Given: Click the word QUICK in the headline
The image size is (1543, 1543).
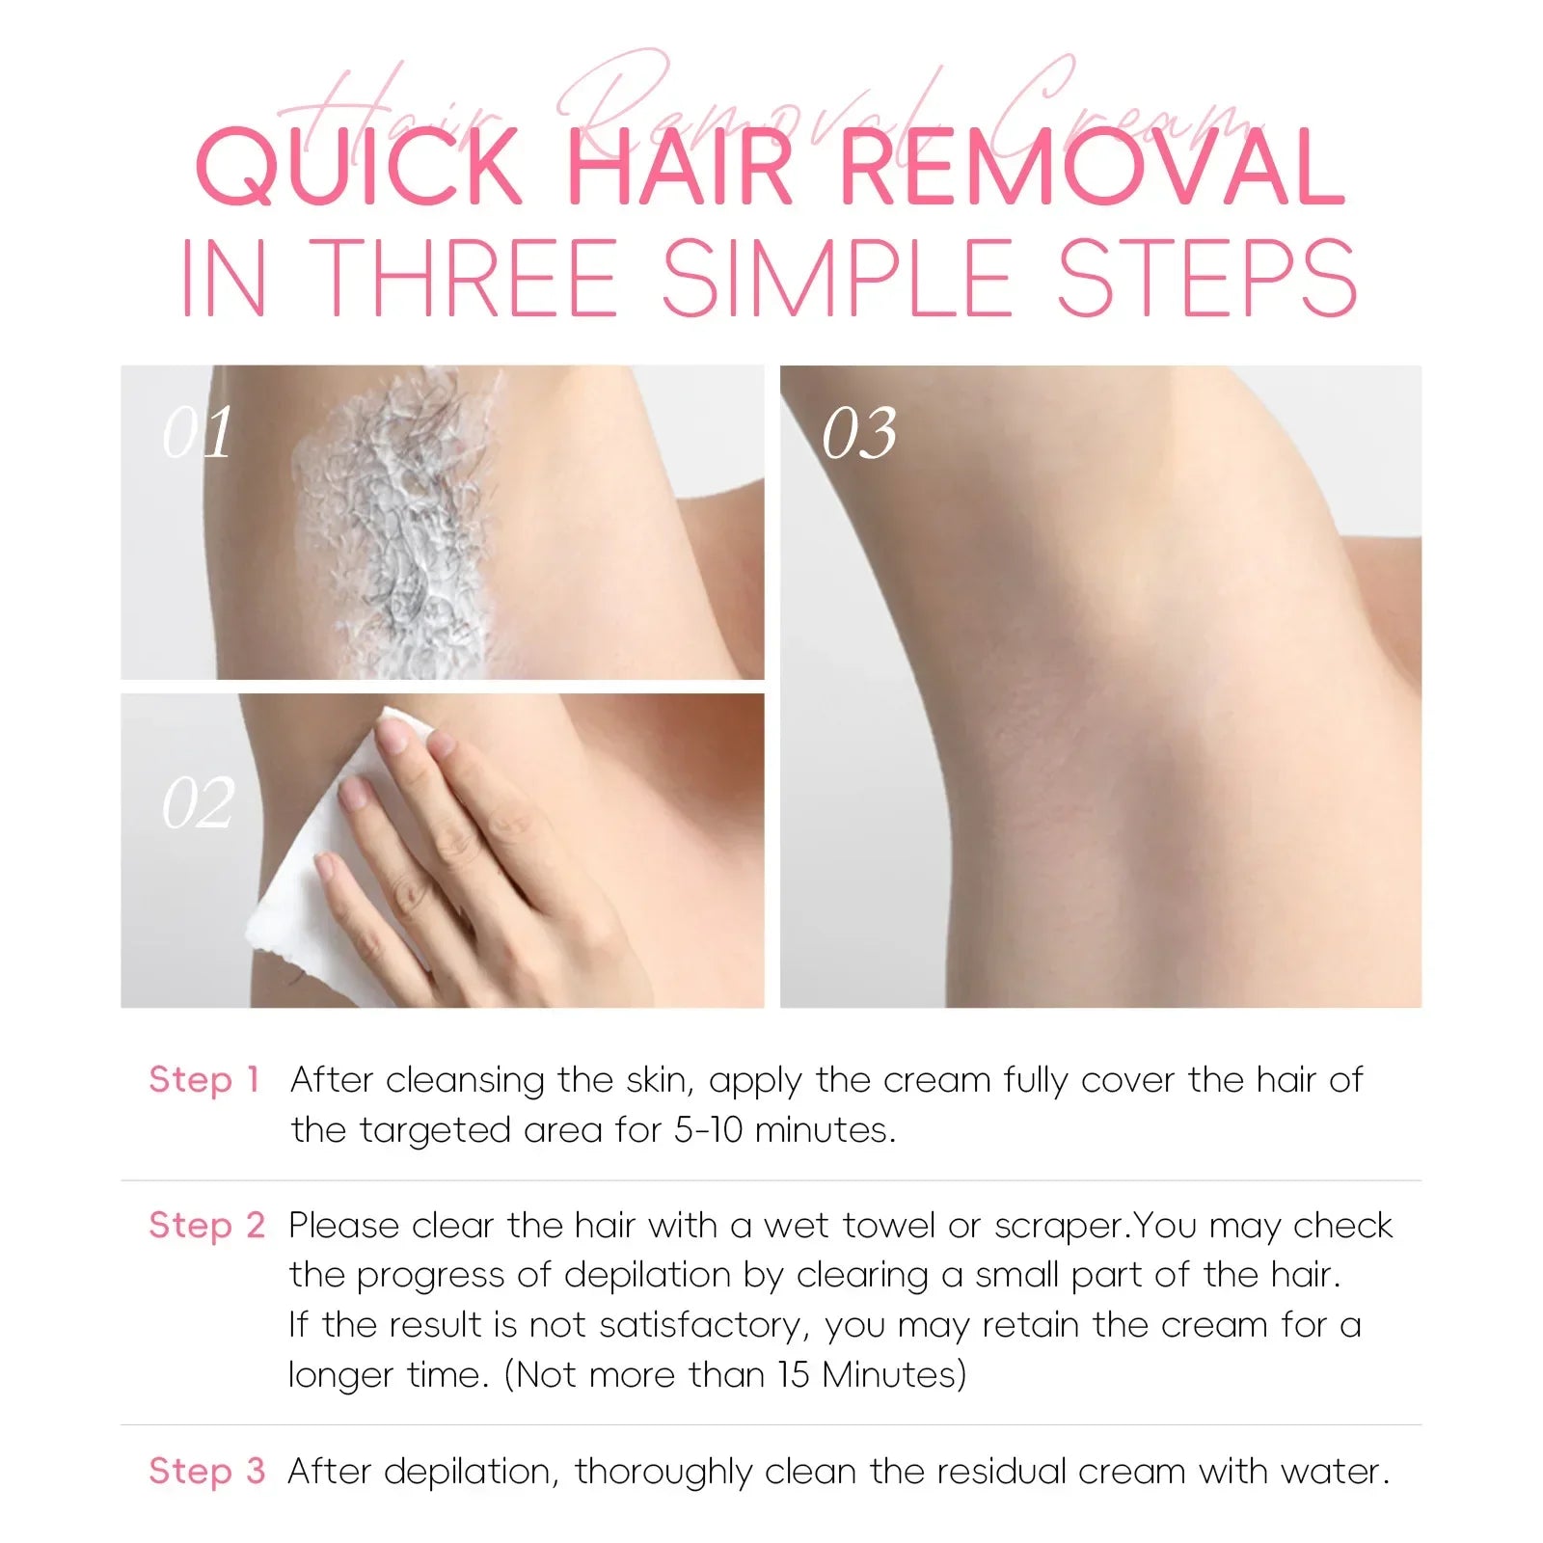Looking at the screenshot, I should (x=359, y=168).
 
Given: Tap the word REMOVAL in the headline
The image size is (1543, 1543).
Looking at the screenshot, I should (x=1092, y=168).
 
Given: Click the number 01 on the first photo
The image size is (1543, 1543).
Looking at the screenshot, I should (x=198, y=432).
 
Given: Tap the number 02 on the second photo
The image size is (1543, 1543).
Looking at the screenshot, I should (x=198, y=803).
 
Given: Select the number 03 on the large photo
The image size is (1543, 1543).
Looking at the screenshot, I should (x=859, y=432).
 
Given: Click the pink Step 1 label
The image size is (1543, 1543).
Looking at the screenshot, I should (x=204, y=1080).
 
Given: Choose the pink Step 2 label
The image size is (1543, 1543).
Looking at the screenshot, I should (x=206, y=1226).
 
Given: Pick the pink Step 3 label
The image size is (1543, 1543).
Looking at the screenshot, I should (x=206, y=1472).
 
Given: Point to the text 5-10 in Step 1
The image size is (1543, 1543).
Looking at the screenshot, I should (x=709, y=1129).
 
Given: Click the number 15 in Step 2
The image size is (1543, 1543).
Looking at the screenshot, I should (x=794, y=1374).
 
